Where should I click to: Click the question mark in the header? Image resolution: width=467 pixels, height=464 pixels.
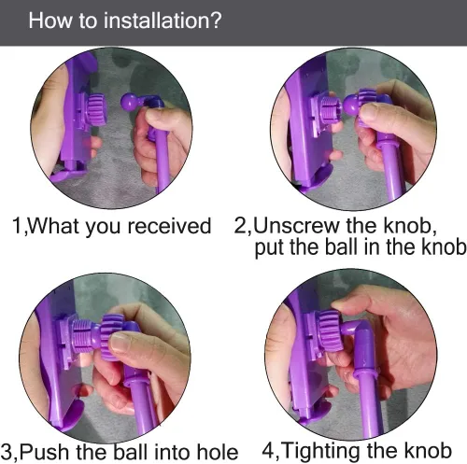point(215,20)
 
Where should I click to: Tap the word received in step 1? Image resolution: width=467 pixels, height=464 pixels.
point(170,226)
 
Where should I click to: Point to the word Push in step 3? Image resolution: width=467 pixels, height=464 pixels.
point(46,452)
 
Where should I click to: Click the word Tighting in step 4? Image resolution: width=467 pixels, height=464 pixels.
point(321,452)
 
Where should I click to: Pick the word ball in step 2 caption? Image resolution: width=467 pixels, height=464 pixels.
point(341,247)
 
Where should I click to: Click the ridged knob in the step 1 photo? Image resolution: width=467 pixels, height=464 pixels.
point(96,110)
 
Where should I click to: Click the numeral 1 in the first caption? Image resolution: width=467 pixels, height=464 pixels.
point(17,226)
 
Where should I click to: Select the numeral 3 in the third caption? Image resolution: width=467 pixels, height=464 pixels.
point(7,452)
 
